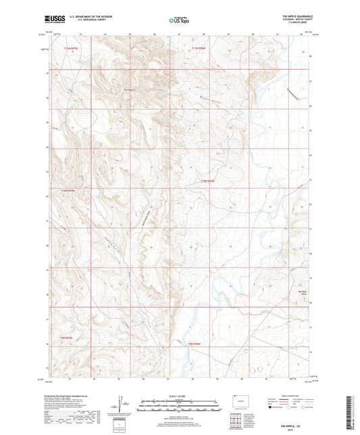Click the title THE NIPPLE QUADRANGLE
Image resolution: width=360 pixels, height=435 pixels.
click(x=294, y=16)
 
